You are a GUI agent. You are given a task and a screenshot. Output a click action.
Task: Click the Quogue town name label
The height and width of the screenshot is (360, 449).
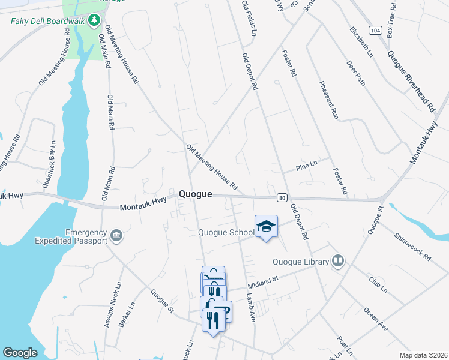click(x=195, y=194)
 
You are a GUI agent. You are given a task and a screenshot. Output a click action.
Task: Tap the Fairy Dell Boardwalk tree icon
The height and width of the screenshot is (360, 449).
click(x=94, y=21)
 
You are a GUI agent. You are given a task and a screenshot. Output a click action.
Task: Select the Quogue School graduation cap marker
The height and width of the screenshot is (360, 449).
click(x=266, y=226)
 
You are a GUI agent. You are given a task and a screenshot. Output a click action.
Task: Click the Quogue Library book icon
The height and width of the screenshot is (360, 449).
click(x=339, y=261)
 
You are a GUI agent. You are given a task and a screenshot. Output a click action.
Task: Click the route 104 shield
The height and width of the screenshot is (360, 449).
click(x=375, y=30)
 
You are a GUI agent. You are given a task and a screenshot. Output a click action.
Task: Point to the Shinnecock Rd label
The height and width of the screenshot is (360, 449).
click(x=412, y=246)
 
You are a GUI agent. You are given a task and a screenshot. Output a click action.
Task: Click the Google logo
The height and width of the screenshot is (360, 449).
click(x=20, y=352)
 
